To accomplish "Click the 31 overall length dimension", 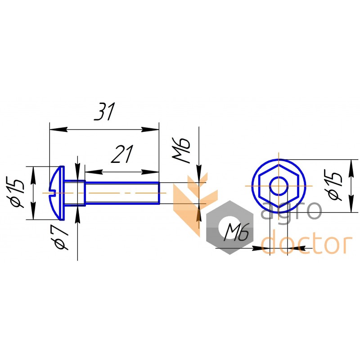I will [104, 112].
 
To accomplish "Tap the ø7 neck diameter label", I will [62, 237].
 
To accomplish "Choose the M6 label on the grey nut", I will [237, 234].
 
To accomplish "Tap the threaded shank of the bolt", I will [121, 193].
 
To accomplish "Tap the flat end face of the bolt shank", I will [159, 193].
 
